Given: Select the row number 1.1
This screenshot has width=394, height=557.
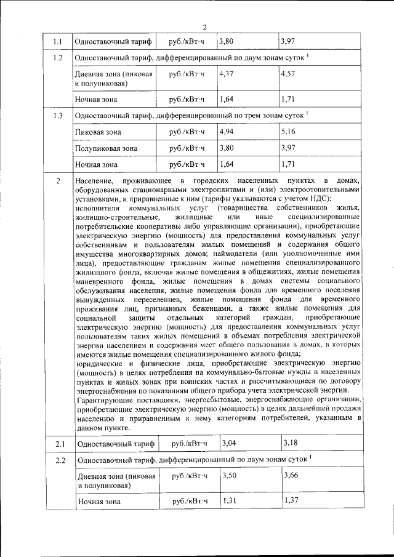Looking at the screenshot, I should (x=58, y=42).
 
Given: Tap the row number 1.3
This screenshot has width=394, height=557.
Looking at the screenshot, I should (x=58, y=115).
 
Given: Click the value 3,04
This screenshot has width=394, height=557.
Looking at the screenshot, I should (x=229, y=442).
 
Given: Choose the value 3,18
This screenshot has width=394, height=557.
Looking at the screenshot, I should (x=290, y=442).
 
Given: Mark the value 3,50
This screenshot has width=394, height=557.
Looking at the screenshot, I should (x=229, y=475).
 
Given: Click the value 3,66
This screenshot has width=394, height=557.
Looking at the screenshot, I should (x=290, y=475).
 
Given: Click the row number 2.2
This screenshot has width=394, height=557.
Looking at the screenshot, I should (x=60, y=460).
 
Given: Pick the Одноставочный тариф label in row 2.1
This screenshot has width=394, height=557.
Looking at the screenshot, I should (x=108, y=443).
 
